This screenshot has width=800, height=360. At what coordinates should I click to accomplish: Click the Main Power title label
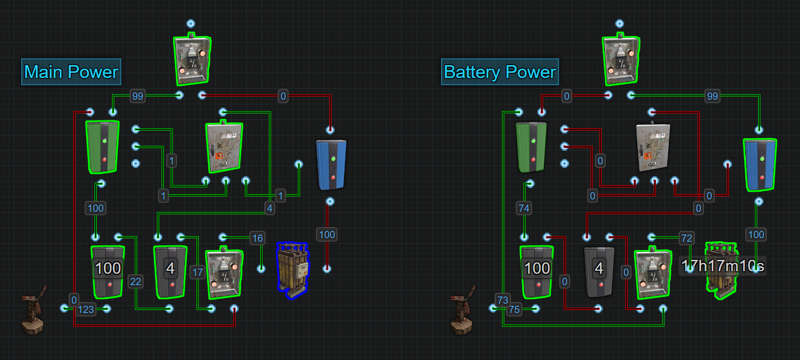(71, 72)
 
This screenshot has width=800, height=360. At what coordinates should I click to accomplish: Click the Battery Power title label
(500, 72)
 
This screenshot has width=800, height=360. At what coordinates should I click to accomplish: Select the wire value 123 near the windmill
(86, 310)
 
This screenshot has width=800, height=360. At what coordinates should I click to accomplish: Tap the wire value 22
(135, 281)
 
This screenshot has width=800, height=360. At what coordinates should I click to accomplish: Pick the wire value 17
(197, 272)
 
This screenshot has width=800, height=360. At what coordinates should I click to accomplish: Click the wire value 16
(257, 238)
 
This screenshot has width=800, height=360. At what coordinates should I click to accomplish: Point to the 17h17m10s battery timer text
(721, 267)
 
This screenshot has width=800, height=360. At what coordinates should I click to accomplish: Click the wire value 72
(686, 238)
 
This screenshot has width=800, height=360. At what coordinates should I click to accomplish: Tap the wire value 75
(514, 310)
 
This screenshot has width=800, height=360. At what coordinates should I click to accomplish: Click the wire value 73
(503, 300)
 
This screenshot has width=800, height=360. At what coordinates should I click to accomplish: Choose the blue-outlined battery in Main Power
(292, 270)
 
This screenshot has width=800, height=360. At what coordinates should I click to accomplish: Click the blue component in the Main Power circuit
(331, 164)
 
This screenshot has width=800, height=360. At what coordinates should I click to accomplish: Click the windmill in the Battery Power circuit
(462, 312)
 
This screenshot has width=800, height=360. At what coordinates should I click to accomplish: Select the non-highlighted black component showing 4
(599, 271)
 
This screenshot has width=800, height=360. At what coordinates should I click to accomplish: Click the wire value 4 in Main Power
(269, 209)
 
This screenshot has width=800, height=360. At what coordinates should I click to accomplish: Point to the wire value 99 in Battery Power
(712, 96)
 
